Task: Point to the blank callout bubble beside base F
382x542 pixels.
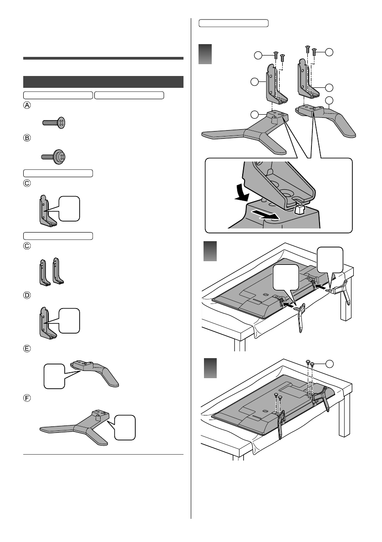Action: coord(125,428)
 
